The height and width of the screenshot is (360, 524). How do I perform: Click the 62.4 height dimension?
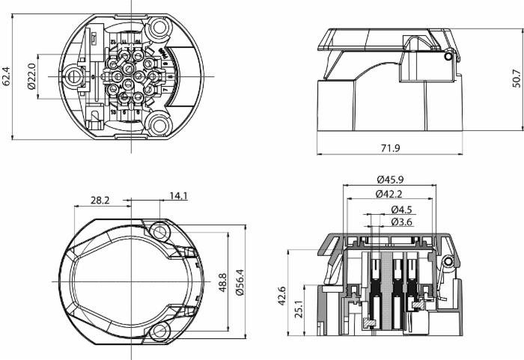coord(7,76)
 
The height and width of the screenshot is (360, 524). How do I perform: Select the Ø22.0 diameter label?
coord(31,76)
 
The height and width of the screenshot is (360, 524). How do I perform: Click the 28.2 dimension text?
coord(100,200)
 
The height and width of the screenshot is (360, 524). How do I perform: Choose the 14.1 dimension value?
coord(178,197)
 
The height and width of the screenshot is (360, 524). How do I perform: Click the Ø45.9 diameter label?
coord(390,180)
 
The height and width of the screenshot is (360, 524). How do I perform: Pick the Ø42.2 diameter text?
coord(390,195)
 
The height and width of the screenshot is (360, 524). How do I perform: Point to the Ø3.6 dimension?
coord(402,222)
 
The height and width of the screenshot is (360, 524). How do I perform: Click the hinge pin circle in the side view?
coord(448,57)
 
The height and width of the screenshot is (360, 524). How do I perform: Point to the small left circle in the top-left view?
coord(73,76)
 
